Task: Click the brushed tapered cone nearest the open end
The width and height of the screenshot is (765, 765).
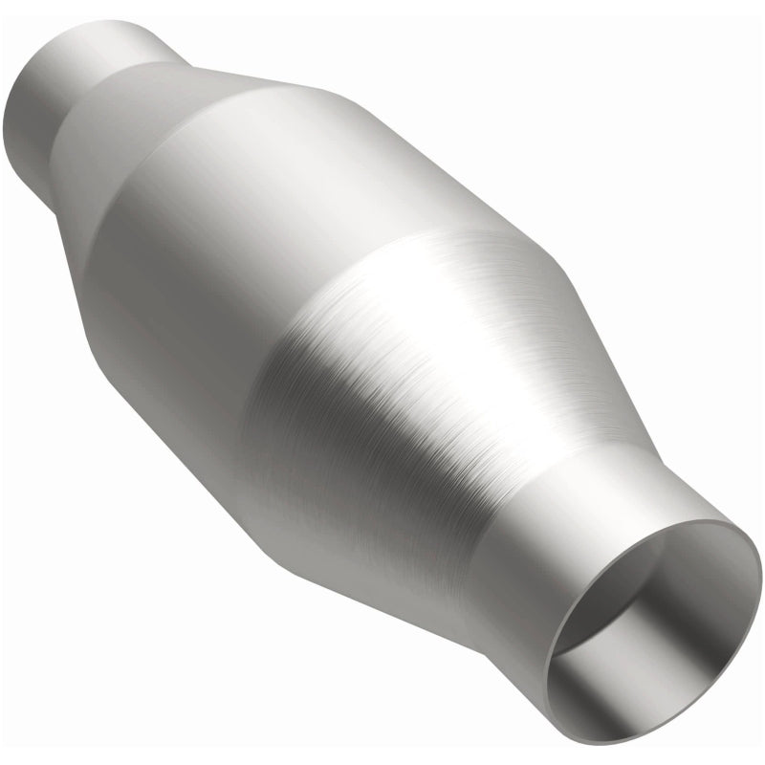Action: [x=430, y=382]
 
